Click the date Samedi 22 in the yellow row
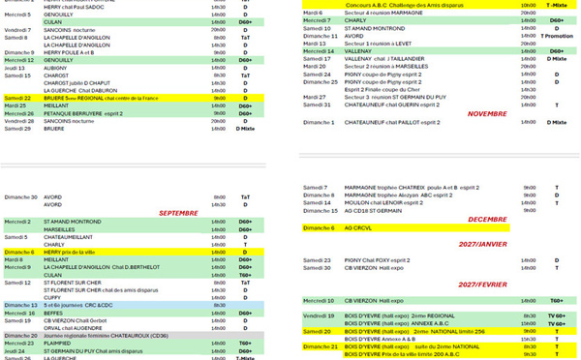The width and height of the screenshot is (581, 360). tap(19, 99)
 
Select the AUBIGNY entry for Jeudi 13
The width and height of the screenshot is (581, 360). tap(58, 68)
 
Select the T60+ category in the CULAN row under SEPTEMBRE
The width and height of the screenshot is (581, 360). tap(245, 274)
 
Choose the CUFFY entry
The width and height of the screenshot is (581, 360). tap(54, 297)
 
